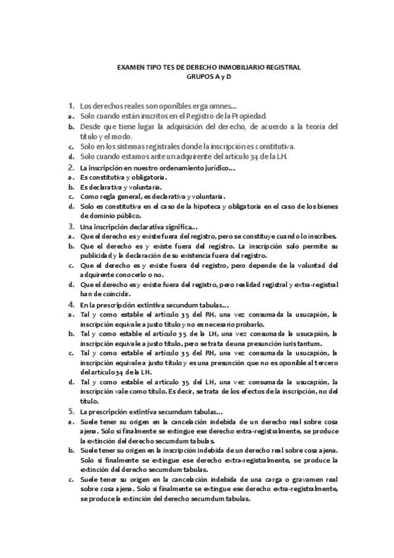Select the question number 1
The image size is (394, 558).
click(70, 105)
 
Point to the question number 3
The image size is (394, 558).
click(70, 226)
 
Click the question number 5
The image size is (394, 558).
click(70, 411)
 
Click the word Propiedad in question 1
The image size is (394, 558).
click(249, 115)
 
